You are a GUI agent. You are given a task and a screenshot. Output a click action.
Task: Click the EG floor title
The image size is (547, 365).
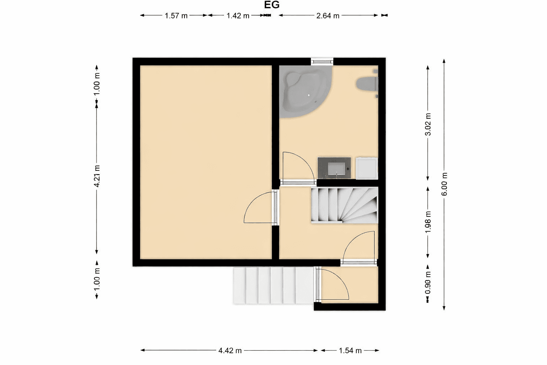point(271,5)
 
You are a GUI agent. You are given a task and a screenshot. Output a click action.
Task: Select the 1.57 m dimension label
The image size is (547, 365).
point(176,16)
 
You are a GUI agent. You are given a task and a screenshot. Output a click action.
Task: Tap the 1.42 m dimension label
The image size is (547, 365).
point(238,16)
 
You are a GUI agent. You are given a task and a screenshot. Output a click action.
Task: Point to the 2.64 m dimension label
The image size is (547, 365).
point(328,16)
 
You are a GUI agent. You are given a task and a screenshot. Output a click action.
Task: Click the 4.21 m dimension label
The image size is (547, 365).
point(97,176)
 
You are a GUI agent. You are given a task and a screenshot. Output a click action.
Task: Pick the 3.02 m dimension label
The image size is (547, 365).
point(428,124)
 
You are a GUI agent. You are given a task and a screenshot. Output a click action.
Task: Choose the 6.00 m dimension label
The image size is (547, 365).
point(444,184)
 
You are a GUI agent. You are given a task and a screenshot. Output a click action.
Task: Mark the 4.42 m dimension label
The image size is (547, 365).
point(230,350)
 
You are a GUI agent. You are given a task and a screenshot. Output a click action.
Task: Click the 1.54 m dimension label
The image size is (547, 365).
point(350,350)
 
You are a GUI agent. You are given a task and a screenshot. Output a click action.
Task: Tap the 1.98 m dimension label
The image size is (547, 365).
point(428,222)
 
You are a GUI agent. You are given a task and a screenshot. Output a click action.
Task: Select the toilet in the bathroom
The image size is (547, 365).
point(367,84)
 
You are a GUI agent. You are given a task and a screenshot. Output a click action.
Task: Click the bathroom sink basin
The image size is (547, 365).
point(334,168)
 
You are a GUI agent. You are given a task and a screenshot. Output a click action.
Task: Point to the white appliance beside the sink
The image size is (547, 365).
point(367,168)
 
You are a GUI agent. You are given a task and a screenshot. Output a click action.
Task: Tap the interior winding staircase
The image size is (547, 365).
point(344,206)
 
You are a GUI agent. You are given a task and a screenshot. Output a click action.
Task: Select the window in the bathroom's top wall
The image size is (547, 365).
point(323,61)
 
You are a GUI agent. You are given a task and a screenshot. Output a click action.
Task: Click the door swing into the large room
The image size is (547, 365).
point(259,209)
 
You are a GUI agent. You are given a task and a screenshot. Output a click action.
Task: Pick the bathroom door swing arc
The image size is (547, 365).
point(296,166)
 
